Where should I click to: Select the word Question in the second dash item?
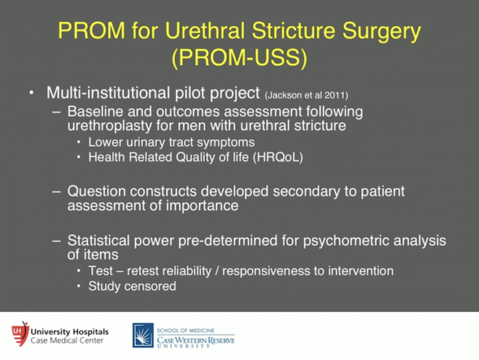pos(97,190)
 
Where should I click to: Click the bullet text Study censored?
pos(133,286)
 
